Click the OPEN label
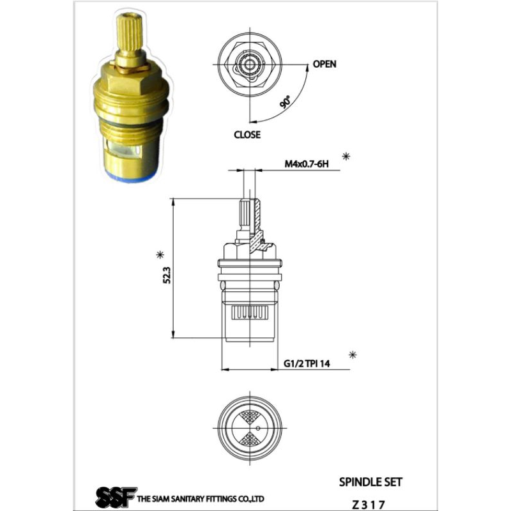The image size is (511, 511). [324, 64]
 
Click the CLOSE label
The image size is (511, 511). [247, 135]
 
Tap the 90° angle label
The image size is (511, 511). [285, 102]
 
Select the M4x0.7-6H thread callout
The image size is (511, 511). [307, 164]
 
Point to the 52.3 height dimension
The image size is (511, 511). [167, 275]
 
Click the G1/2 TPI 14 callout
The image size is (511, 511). [307, 363]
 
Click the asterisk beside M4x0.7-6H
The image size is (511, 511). [346, 156]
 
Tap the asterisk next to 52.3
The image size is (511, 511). [160, 255]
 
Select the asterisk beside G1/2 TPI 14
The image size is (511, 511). [353, 355]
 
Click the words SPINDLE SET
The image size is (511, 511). [370, 482]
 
